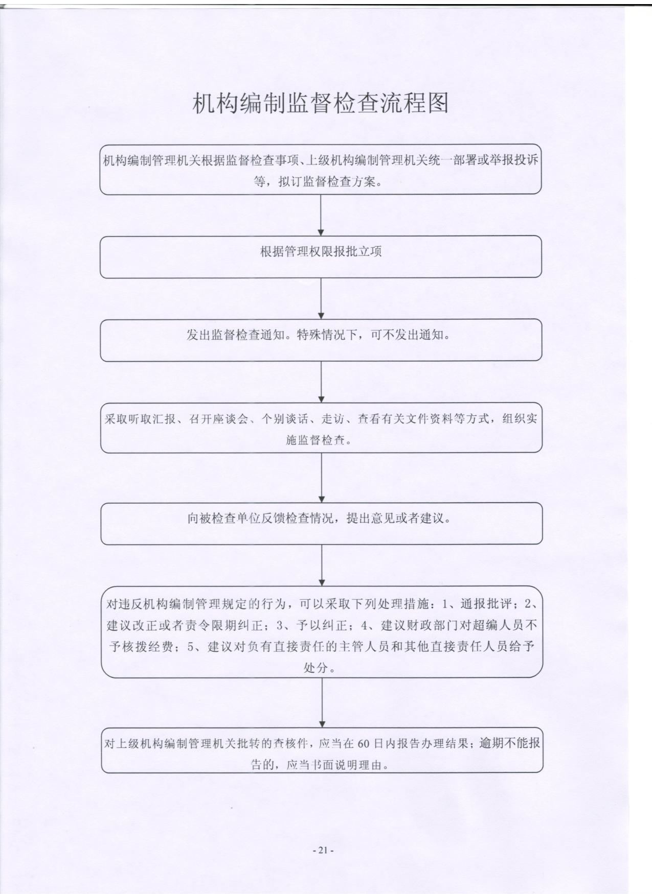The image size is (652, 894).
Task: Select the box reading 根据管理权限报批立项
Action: pos(321,257)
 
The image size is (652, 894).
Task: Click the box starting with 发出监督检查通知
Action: pos(321,340)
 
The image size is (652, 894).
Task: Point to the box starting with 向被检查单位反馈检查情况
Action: pos(321,524)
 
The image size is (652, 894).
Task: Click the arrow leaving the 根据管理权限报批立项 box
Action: pos(321,298)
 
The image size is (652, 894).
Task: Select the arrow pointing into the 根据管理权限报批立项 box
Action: pos(321,215)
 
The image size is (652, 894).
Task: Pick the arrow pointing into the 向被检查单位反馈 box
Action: pos(322,478)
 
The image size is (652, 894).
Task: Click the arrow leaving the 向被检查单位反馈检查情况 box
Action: pos(322,566)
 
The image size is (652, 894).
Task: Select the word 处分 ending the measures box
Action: pos(316,667)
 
